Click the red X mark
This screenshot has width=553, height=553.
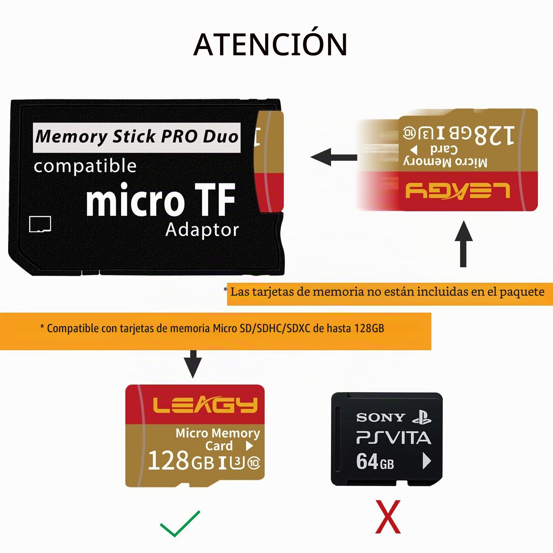tap(388, 517)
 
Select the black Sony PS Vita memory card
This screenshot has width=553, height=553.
tap(387, 439)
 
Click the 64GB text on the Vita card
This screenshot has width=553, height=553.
tap(375, 462)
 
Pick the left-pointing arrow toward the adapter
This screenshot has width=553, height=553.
tap(334, 157)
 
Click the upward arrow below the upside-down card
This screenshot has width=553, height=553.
tap(463, 244)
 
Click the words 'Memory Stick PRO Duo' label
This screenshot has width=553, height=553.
tap(137, 137)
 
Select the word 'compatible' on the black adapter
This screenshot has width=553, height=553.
tap(85, 166)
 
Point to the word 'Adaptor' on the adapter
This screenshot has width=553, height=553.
tap(202, 230)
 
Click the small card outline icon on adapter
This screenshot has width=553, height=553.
tap(40, 224)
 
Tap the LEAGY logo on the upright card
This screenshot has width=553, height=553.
tap(205, 405)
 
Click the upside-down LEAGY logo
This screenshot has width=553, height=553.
tap(458, 191)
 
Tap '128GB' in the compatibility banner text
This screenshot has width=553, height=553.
tap(369, 328)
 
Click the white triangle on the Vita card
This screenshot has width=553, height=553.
tap(427, 461)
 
